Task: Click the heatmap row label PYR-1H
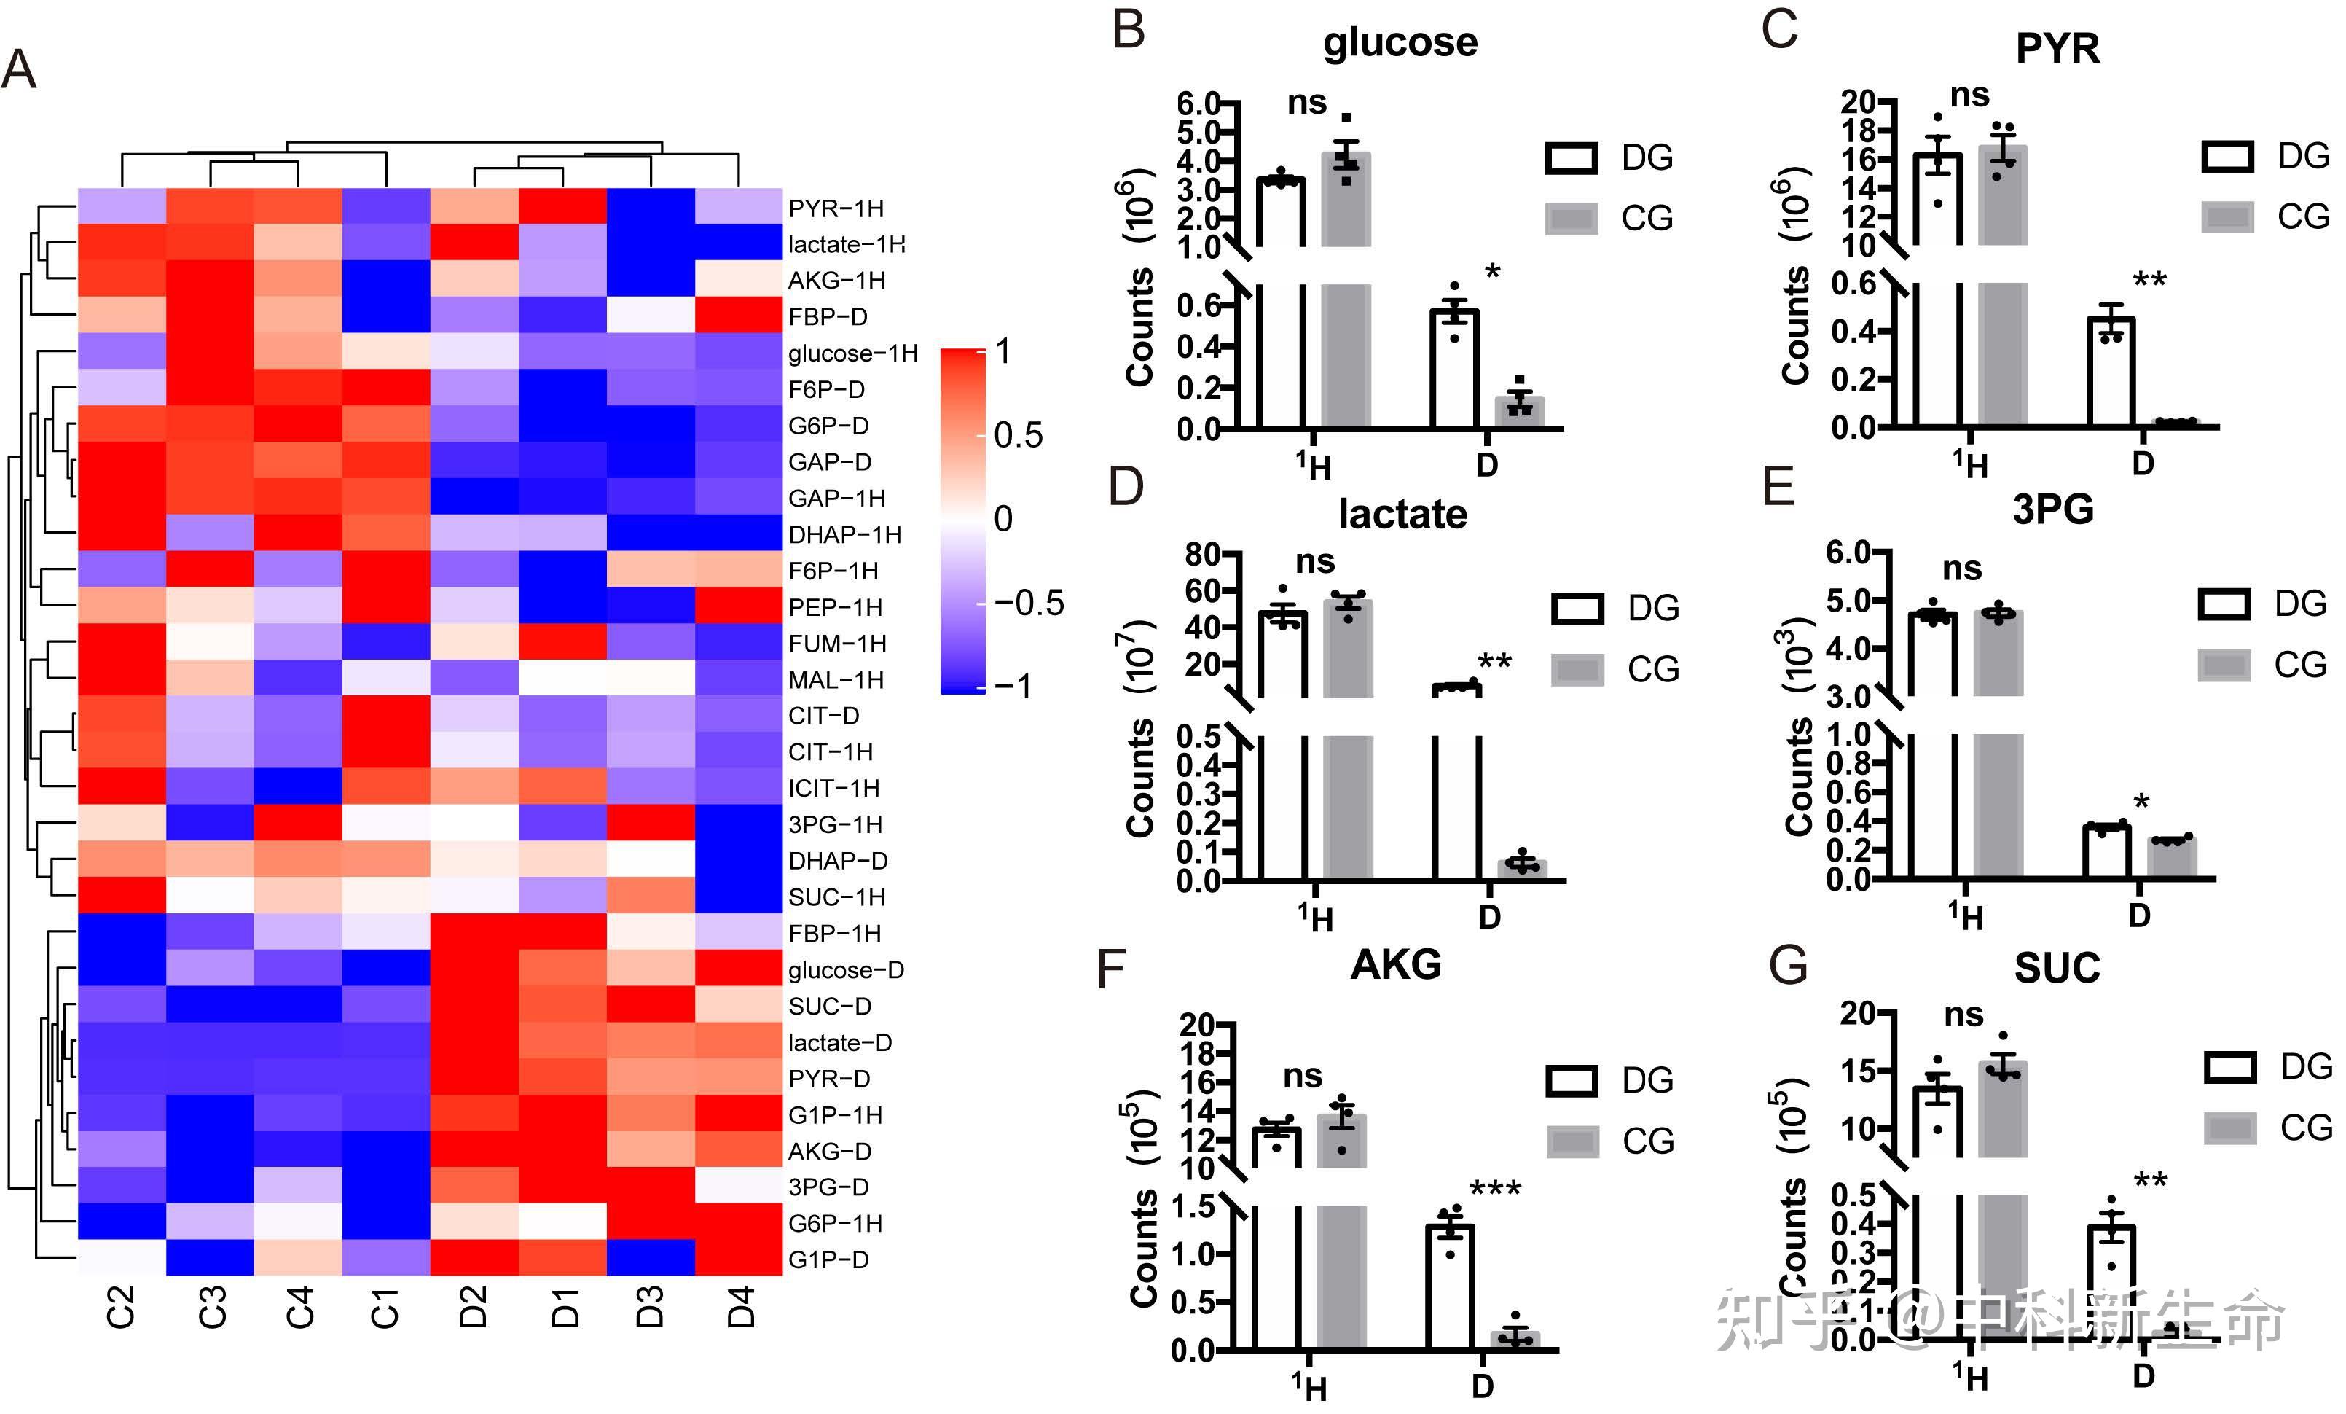click(835, 208)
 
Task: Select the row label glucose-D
click(845, 970)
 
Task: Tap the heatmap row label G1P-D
click(828, 1259)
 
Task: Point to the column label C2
click(121, 1305)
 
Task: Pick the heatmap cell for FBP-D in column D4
click(739, 314)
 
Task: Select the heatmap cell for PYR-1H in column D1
click(562, 206)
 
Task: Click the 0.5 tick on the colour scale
click(1018, 435)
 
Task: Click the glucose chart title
click(1400, 43)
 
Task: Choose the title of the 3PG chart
click(2053, 509)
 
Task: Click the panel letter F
click(1112, 969)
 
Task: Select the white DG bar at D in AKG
click(1449, 1286)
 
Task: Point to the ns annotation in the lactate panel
click(1315, 562)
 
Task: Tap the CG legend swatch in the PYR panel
click(2227, 217)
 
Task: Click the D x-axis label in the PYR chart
click(2142, 464)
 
